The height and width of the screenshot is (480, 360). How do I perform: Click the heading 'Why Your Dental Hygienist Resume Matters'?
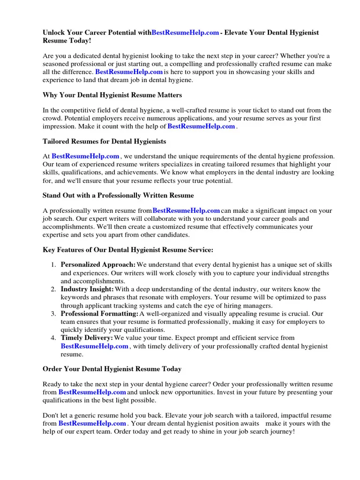[x=112, y=95]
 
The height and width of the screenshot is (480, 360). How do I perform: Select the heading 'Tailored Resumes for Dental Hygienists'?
[x=104, y=141]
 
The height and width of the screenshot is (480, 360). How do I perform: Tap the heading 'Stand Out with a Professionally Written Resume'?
[x=118, y=195]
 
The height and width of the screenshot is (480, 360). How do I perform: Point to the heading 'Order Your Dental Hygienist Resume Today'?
[x=112, y=369]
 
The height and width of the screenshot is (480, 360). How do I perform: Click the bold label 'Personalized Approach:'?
[x=98, y=265]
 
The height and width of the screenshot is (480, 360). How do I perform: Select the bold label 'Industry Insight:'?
[x=87, y=289]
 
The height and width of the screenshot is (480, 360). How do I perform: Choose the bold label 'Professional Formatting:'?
[x=99, y=314]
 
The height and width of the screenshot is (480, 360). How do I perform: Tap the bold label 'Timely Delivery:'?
[x=87, y=338]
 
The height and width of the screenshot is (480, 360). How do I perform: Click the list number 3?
[x=53, y=314]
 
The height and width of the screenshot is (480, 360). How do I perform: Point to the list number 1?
[x=53, y=265]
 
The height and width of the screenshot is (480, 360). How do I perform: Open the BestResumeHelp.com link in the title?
[x=185, y=33]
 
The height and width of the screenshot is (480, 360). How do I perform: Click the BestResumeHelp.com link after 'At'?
[x=85, y=156]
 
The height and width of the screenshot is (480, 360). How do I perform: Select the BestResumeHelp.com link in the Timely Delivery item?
[x=94, y=346]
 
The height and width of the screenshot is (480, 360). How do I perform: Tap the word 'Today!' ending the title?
[x=80, y=41]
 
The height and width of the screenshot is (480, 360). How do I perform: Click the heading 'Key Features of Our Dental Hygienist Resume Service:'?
[x=128, y=250]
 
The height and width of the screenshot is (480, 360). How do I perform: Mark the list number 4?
[x=53, y=338]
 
